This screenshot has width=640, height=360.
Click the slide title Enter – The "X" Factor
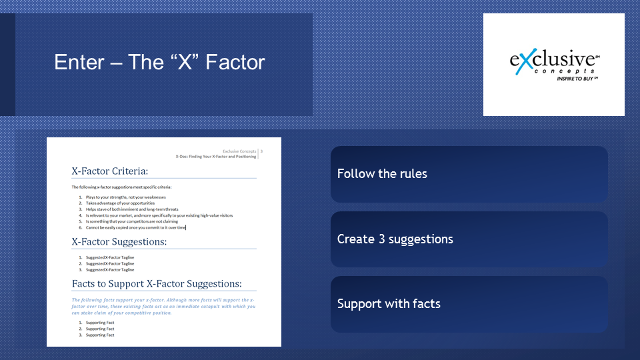point(159,63)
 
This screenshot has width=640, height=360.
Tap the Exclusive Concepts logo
point(554,65)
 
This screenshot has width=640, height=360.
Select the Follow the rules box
point(469,174)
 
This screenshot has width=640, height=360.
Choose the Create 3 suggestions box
point(469,239)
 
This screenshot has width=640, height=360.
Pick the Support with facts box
point(469,304)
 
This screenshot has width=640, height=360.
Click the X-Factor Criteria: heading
point(110,171)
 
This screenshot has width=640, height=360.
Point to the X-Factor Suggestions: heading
point(119,241)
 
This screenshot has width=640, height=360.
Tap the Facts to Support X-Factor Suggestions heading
point(157,284)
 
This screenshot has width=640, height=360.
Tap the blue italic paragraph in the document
point(164,307)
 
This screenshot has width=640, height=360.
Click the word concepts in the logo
point(565,71)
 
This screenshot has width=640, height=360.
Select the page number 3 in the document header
point(261,151)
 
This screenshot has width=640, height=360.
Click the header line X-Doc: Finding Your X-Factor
point(216,157)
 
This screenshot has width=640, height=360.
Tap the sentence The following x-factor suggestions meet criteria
point(121,187)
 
